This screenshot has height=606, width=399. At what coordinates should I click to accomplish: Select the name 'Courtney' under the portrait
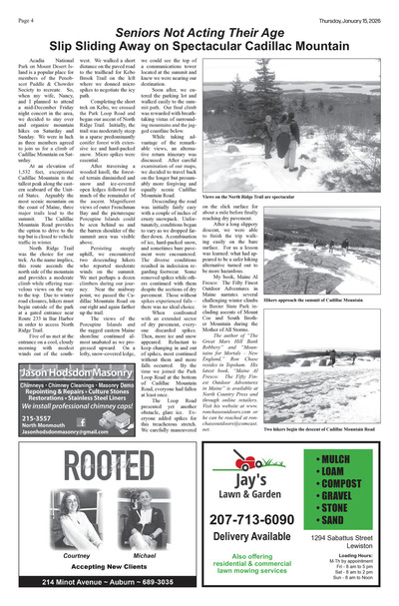point(77,555)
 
